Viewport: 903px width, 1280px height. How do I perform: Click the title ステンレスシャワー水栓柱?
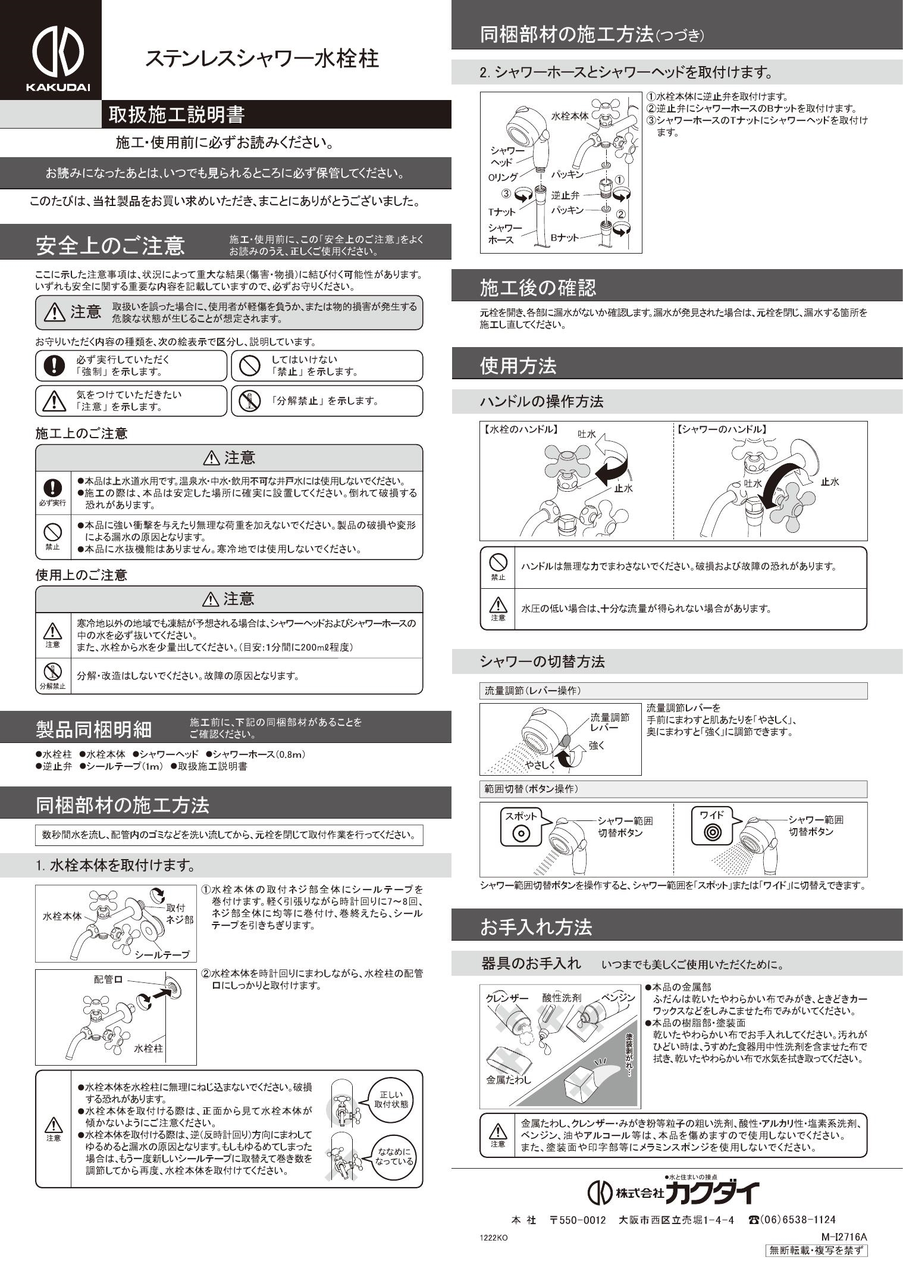click(262, 59)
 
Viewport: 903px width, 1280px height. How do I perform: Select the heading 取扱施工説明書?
click(177, 114)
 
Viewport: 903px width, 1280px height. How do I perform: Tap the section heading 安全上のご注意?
click(110, 245)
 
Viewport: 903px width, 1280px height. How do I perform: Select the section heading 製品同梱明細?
click(94, 728)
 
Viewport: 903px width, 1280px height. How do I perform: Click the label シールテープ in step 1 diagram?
click(162, 954)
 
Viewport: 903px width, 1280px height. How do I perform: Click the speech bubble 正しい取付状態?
click(391, 1098)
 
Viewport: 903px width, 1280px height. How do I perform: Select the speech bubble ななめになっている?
click(393, 1156)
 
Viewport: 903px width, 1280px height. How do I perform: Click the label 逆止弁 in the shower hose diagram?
click(565, 195)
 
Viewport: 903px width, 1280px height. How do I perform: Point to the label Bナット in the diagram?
click(564, 238)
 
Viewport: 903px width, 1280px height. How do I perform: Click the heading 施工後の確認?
click(538, 288)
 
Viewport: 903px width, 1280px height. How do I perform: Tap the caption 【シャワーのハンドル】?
click(722, 429)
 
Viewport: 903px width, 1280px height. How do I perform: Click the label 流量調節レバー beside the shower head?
click(609, 722)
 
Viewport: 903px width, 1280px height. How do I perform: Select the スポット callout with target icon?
click(521, 826)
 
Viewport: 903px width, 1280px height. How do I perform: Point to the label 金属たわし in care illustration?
click(509, 1079)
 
